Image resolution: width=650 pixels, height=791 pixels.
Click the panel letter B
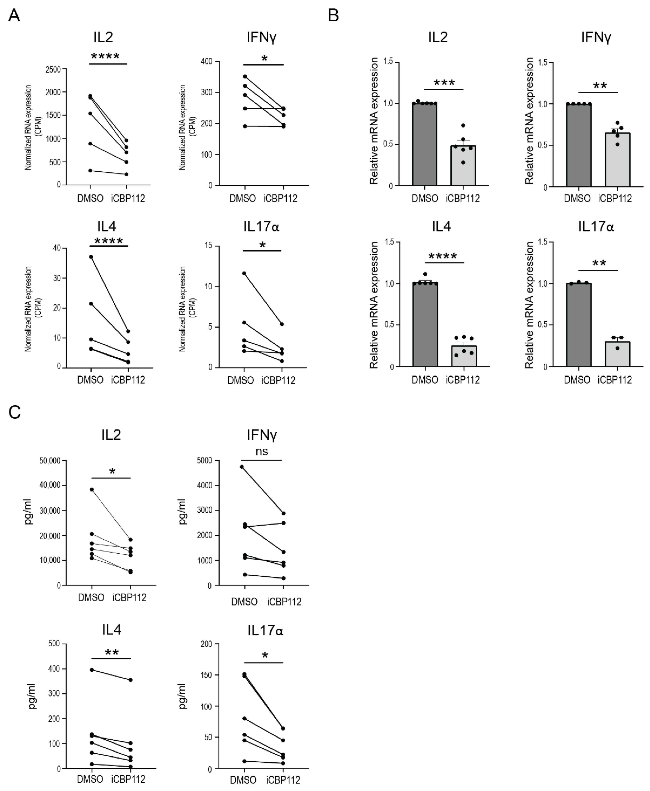click(333, 16)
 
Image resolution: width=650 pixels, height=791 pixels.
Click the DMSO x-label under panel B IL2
click(425, 198)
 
